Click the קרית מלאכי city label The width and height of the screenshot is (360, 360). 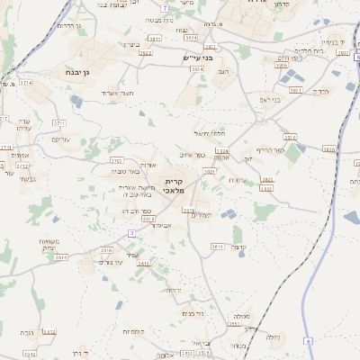click(173, 185)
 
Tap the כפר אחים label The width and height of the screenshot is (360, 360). click(204, 154)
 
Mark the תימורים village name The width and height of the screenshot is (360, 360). click(202, 215)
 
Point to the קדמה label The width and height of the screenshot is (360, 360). click(238, 247)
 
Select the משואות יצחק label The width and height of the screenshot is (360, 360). click(49, 244)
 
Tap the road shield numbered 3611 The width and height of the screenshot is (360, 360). click(217, 246)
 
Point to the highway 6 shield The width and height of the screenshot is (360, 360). click(307, 341)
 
